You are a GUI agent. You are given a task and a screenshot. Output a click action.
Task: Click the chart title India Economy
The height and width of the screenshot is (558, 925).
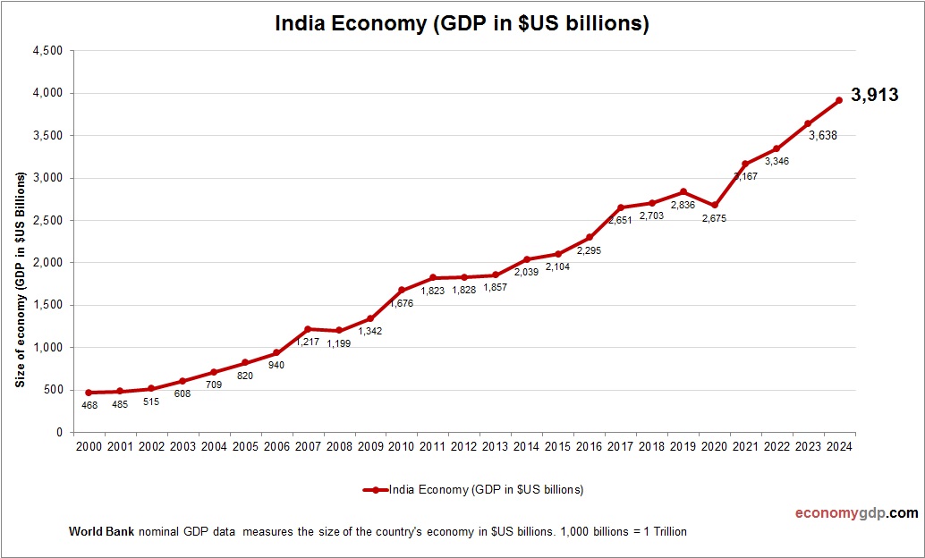click(462, 24)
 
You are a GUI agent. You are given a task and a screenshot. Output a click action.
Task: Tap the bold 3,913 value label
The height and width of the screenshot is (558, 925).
click(874, 95)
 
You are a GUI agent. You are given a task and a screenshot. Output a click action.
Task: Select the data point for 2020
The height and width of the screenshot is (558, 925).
click(714, 206)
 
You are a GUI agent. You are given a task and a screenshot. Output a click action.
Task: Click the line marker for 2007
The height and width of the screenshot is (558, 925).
click(307, 329)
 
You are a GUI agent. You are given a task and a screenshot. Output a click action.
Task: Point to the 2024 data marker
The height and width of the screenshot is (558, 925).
click(839, 100)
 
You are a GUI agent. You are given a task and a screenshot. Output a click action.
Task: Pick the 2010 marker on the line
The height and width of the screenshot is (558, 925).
click(401, 291)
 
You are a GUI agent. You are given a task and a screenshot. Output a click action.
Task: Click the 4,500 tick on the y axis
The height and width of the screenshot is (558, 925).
click(47, 51)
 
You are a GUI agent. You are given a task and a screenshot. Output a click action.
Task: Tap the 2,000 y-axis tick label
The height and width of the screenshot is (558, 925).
click(47, 263)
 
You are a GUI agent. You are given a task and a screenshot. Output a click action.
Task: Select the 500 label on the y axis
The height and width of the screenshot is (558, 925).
click(53, 390)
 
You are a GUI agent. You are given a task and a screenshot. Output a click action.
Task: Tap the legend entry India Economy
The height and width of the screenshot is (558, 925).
click(473, 489)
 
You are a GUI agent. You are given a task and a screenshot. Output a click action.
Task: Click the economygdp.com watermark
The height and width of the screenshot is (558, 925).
click(857, 513)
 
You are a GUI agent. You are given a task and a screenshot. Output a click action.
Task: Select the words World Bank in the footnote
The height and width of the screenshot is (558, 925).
click(101, 532)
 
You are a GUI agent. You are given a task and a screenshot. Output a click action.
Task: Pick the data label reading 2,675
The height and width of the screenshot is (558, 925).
click(713, 217)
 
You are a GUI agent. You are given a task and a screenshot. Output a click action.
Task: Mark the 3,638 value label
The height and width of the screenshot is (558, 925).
click(823, 136)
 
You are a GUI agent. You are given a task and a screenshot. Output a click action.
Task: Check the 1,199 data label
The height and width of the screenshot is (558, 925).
click(338, 342)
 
